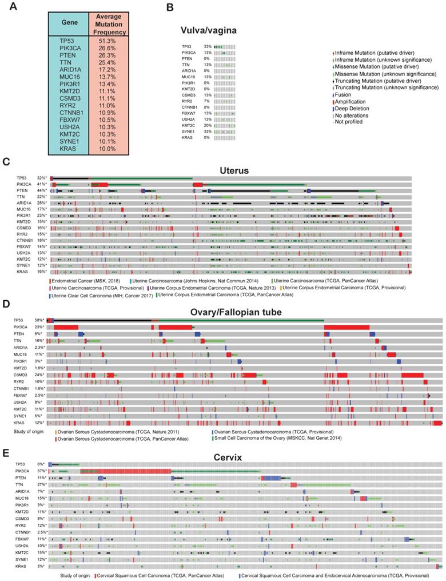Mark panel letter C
7,162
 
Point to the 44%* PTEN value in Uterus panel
41,190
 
